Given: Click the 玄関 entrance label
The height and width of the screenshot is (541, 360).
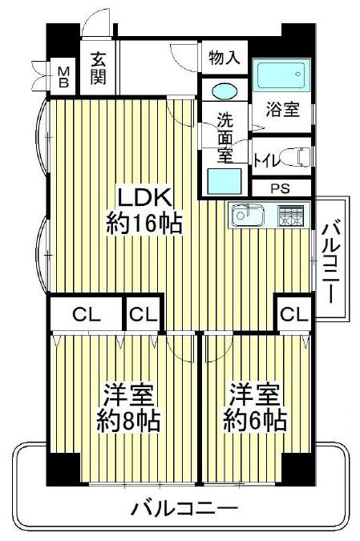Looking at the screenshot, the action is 98,68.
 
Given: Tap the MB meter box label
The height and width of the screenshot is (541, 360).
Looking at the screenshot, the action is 63,77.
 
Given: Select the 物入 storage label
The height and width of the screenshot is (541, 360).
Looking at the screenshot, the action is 224,57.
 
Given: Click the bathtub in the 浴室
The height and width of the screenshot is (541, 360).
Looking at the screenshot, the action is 281,75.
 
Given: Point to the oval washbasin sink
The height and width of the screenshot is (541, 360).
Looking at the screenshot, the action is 224,91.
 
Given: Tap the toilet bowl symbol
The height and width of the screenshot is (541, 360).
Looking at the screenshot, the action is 295,157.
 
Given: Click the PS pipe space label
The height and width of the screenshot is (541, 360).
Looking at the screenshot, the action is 280,188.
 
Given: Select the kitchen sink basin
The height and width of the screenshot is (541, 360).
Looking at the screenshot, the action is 248,216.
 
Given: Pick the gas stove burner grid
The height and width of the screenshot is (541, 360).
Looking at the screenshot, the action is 290,216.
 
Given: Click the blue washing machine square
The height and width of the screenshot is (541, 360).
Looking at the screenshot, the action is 224,181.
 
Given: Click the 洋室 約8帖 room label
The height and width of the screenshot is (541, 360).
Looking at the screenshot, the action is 128,407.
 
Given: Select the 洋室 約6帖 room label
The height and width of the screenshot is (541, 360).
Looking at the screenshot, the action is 255,407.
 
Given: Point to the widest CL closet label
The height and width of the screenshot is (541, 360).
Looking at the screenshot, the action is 87,315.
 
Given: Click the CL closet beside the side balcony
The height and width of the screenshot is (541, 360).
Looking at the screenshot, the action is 294,314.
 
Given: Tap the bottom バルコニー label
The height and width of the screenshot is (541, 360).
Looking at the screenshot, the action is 185,507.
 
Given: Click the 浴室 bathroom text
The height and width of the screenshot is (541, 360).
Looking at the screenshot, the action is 282,109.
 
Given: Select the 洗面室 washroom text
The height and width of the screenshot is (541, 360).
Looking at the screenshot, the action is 225,137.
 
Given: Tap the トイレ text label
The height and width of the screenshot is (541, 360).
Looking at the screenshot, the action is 266,160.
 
